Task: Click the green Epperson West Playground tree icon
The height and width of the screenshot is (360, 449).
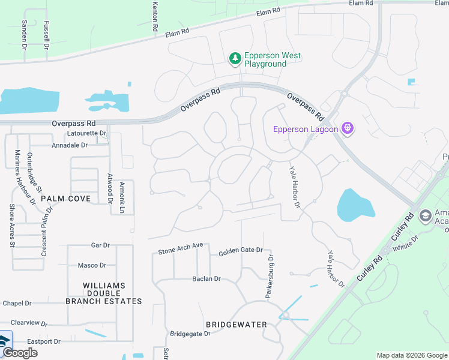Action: [x=235, y=59]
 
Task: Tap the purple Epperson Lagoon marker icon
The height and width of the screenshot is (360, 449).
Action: [x=346, y=128]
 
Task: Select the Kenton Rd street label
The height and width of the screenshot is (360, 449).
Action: [x=155, y=16]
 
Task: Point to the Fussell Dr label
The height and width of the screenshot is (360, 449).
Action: [x=46, y=34]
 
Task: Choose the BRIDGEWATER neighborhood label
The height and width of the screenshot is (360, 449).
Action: [x=236, y=325]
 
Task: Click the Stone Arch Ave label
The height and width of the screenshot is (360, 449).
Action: [x=181, y=248]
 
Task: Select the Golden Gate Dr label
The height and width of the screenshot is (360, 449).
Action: [x=241, y=250]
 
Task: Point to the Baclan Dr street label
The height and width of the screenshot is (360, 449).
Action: [x=206, y=279]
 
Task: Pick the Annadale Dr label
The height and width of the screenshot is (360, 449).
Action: [x=70, y=145]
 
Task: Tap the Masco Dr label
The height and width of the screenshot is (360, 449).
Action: [x=92, y=265]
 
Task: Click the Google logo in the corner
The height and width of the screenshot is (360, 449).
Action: [x=19, y=353]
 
